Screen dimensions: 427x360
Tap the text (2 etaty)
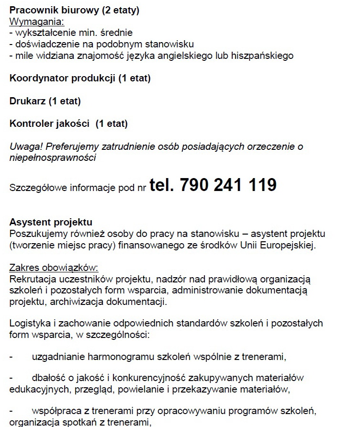(119, 10)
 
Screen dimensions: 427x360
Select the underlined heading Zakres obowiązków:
(54, 268)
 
